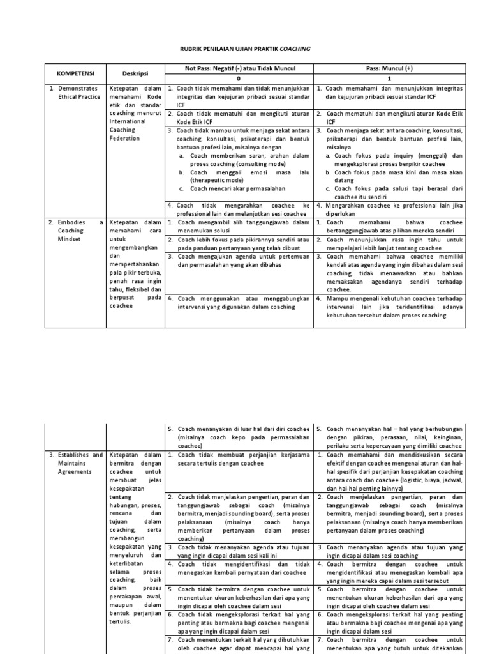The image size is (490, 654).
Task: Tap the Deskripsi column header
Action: tap(135, 73)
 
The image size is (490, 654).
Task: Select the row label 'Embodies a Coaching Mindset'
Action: tap(75, 231)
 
